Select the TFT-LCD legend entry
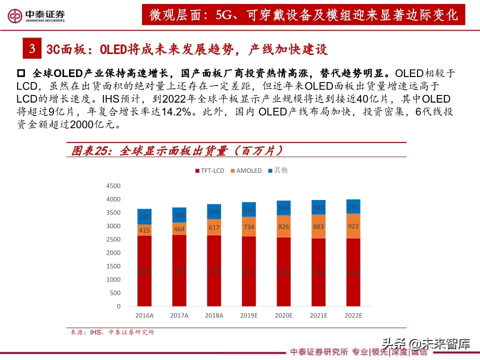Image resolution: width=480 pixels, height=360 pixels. click(x=209, y=170)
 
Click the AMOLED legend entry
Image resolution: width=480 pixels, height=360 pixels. click(x=245, y=170)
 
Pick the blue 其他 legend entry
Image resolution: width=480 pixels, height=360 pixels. click(x=277, y=170)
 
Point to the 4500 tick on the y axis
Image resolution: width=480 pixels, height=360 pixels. click(x=113, y=186)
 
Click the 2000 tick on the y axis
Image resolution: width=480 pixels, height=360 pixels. click(x=113, y=253)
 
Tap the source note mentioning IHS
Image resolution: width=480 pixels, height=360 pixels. click(x=112, y=332)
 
